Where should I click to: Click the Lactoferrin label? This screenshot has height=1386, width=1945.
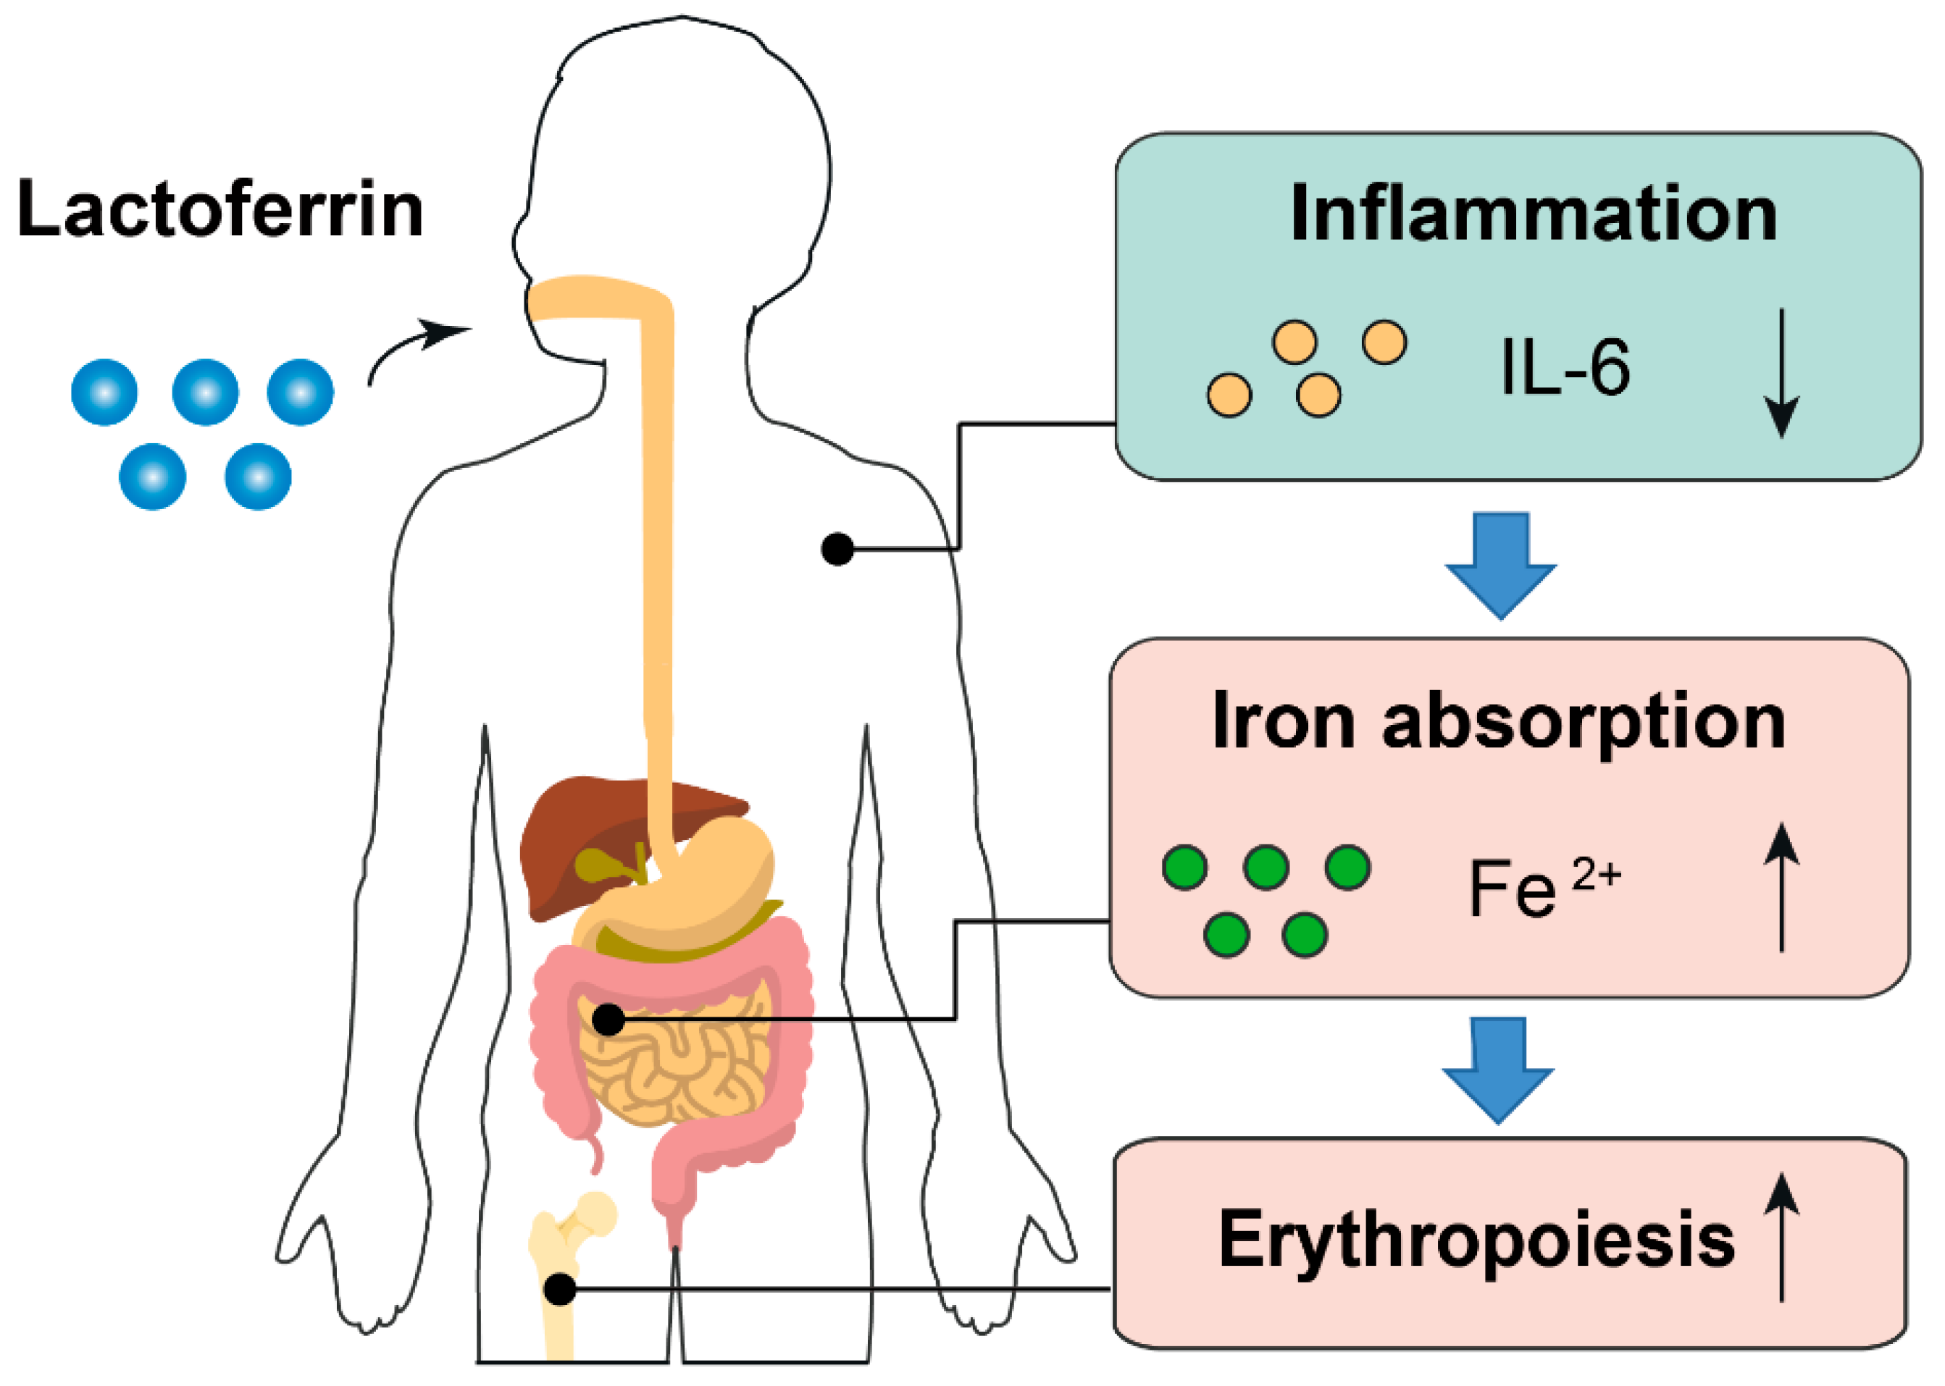(x=220, y=209)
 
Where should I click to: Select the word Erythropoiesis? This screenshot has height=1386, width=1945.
(x=1476, y=1239)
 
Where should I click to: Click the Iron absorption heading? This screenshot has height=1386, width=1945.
(x=1499, y=722)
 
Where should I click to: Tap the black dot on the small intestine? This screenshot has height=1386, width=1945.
(x=608, y=1019)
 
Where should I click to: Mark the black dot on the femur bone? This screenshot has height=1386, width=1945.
(x=560, y=1289)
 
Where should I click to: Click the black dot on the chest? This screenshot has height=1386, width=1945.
(x=837, y=549)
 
